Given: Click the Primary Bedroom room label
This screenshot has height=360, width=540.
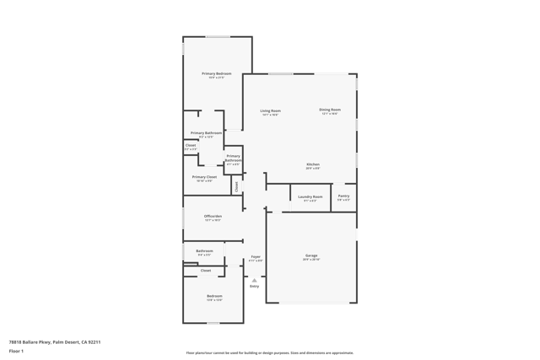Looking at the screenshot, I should point(217,73).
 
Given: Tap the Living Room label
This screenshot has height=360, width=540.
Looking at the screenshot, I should point(270,110).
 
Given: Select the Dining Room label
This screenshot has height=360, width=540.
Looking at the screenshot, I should point(330,110).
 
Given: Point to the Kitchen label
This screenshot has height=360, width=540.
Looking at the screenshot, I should point(312,164).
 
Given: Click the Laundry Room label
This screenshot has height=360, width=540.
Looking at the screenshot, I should point(310,196).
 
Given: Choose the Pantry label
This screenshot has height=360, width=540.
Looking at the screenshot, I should point(343,196).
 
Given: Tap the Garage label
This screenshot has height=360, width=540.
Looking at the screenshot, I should point(311,255).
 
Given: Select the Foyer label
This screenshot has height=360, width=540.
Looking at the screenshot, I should point(256,256).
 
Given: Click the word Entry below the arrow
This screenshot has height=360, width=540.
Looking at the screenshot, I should point(254,286).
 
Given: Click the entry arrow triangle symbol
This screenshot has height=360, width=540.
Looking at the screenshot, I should point(254,280).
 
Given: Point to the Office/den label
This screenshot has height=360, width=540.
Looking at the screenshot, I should point(213,216).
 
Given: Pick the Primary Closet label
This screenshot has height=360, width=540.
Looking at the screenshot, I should point(204,177).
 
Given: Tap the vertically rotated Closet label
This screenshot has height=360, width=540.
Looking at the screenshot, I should point(237,185).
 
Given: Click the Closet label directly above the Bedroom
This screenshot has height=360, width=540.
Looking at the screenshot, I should point(205,271).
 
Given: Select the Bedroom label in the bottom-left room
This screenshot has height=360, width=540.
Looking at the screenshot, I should point(214,296).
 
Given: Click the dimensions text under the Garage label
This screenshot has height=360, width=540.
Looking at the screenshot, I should point(311,260).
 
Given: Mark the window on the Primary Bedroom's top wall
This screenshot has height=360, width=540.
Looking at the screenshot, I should point(218,36).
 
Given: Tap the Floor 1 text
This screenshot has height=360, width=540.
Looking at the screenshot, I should point(16,351).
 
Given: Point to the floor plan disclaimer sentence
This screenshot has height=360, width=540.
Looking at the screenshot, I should point(270,353).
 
